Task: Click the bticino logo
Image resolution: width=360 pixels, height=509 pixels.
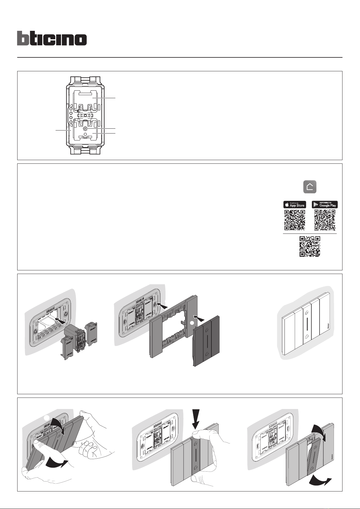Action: coord(52,38)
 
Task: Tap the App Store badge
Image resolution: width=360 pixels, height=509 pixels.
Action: coord(294,205)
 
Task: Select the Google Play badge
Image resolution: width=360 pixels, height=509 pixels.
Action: coord(325,205)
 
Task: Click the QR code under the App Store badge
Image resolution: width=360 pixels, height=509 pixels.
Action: coord(294,220)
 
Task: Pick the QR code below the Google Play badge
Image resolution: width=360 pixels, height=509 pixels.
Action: coord(325,220)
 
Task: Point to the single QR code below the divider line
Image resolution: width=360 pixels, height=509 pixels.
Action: coord(310,246)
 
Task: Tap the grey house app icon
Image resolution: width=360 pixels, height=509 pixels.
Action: coord(310,187)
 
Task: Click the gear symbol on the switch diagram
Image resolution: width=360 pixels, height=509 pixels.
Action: coord(85,129)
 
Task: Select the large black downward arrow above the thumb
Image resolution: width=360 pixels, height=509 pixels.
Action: coord(196,419)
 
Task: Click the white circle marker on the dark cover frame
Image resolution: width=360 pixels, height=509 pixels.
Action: coord(191,323)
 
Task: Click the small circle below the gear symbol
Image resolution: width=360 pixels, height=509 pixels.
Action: coord(85,133)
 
